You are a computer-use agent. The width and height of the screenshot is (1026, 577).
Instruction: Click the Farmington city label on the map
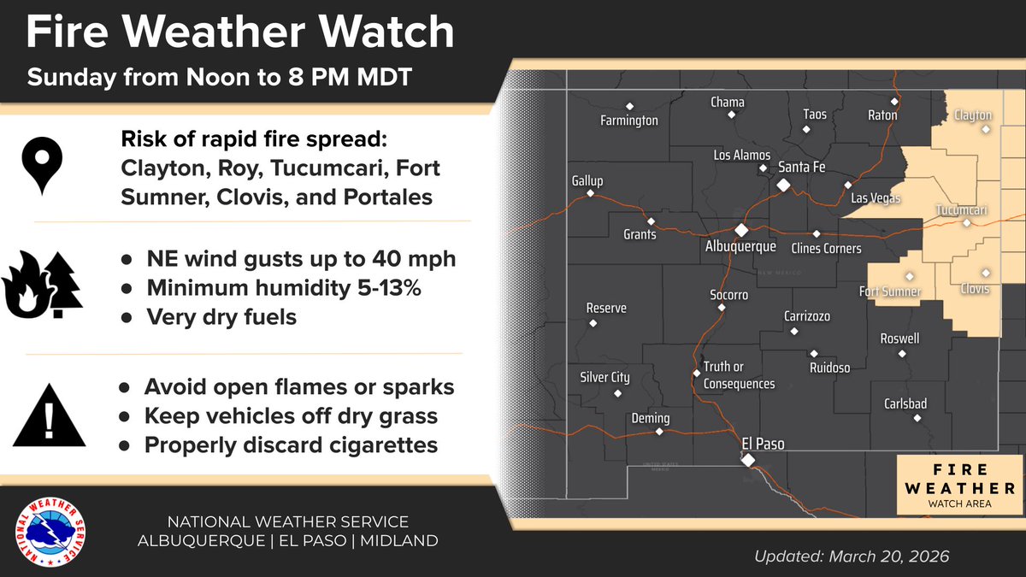point(629,121)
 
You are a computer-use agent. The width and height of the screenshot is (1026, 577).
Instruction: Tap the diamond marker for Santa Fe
point(782,184)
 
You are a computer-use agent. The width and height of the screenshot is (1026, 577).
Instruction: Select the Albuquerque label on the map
point(740,246)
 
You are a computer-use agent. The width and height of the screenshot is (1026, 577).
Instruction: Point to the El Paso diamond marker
point(748,460)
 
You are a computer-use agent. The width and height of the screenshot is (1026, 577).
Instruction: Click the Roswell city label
point(899,339)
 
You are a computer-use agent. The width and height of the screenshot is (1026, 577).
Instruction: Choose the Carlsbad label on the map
point(906,403)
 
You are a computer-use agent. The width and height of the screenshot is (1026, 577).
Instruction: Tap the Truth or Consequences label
point(739,376)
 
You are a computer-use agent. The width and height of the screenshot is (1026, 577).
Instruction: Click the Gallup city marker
point(590,194)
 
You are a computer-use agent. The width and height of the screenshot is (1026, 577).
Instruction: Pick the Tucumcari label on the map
point(962,210)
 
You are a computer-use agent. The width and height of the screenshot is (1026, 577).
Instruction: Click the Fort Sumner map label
point(890,292)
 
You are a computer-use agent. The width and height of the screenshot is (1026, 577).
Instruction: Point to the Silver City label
point(604,378)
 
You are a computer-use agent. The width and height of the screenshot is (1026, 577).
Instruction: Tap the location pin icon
point(40,165)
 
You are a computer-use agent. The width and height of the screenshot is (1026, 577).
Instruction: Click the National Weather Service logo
point(52,532)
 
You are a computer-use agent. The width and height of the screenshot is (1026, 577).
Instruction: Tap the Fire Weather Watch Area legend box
point(958,485)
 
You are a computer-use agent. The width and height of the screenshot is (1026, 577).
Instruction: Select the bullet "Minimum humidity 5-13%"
point(284,288)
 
